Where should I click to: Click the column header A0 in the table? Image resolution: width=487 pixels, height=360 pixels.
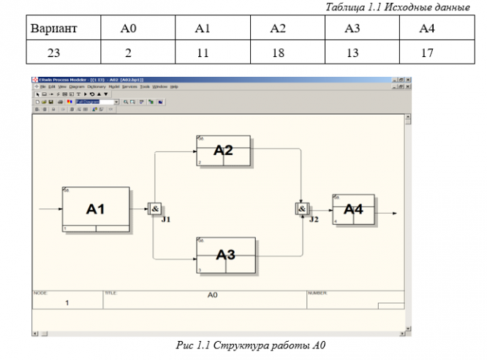click(x=128, y=29)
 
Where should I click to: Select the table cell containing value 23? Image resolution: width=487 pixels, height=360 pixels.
click(x=53, y=53)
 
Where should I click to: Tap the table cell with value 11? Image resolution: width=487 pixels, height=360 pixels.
click(x=203, y=53)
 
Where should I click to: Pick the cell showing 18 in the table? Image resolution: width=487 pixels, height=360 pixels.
click(x=278, y=53)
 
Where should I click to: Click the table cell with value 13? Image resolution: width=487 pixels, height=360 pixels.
click(x=352, y=53)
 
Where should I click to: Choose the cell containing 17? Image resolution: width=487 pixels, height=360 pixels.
click(x=428, y=53)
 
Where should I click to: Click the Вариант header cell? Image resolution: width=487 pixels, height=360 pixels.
click(x=53, y=29)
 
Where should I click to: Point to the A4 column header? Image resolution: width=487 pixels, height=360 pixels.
click(x=428, y=29)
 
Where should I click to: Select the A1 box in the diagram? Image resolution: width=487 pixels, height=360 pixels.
click(x=96, y=209)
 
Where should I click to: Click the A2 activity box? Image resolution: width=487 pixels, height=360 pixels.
click(x=223, y=151)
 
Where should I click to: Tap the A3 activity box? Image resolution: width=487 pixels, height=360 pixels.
click(x=226, y=255)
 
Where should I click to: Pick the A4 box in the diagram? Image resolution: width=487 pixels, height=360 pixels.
click(x=353, y=209)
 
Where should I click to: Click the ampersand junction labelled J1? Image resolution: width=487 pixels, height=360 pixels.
click(x=155, y=209)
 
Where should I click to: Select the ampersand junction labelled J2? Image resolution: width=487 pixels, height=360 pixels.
click(x=301, y=209)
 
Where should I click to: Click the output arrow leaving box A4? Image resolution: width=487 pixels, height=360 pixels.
click(x=387, y=213)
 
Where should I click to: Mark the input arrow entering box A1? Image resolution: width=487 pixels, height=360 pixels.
click(x=50, y=209)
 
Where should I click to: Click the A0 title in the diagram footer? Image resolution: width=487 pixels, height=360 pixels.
click(x=213, y=295)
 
